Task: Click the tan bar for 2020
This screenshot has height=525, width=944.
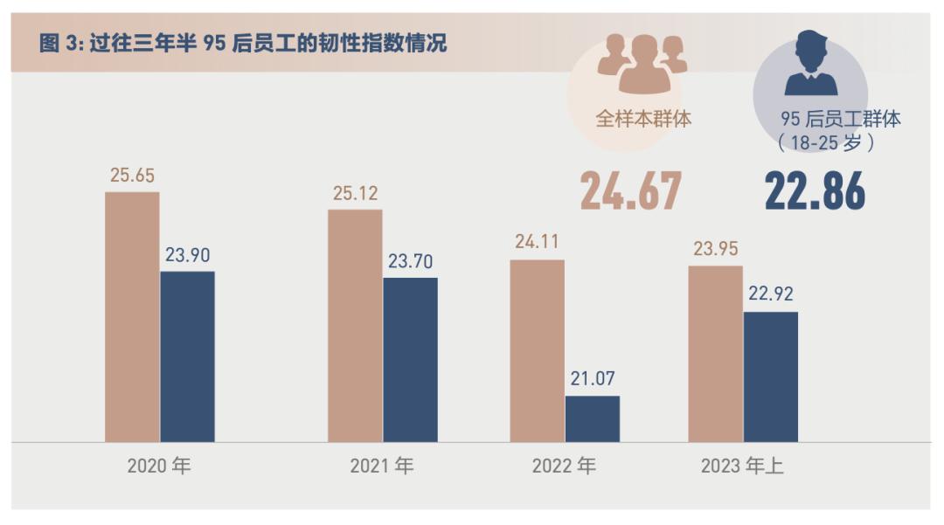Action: (132, 316)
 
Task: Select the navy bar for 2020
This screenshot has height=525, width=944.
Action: (187, 356)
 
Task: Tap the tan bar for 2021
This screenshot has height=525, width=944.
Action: (355, 325)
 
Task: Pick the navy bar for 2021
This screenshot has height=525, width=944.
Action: (410, 359)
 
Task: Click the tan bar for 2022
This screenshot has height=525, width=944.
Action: (537, 350)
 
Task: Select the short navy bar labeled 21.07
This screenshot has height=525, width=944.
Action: (592, 418)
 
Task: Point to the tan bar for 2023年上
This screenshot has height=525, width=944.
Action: (715, 353)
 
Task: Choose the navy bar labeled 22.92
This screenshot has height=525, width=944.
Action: (770, 376)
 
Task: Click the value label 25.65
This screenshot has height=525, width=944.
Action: (132, 175)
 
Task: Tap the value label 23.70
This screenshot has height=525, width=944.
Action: (410, 261)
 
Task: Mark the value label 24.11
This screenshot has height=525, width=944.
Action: (537, 242)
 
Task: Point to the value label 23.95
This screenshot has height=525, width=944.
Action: (716, 249)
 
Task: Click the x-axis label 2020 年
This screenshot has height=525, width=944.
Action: (158, 466)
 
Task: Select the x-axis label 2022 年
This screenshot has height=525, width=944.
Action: (564, 466)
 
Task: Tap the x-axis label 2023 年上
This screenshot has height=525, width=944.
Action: (742, 466)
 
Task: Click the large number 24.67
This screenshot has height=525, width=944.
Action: (630, 191)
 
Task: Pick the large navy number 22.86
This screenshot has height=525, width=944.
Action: (815, 191)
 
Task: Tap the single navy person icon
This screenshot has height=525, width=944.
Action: (810, 63)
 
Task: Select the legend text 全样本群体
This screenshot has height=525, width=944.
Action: (643, 118)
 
